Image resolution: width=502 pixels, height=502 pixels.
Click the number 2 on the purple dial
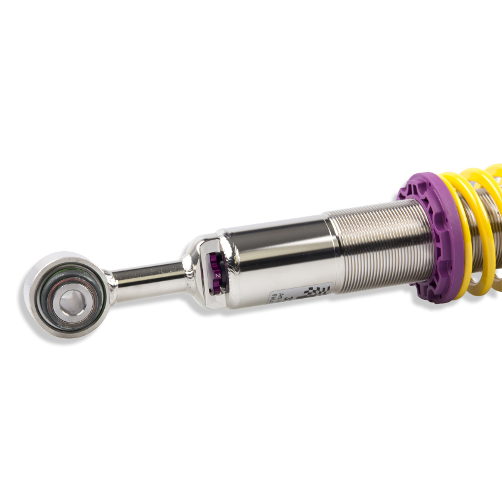pyautogui.click(x=217, y=275)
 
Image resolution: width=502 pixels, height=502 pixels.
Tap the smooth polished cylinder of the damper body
pyautogui.click(x=276, y=251)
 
